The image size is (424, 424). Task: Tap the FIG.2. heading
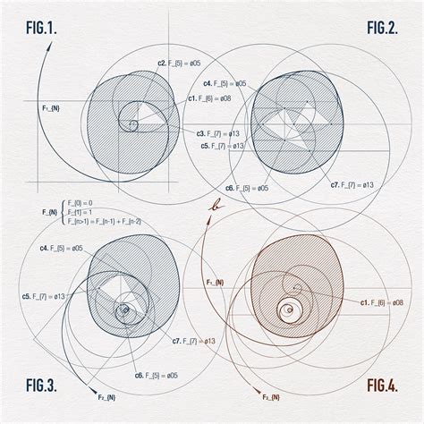click(x=382, y=28)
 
